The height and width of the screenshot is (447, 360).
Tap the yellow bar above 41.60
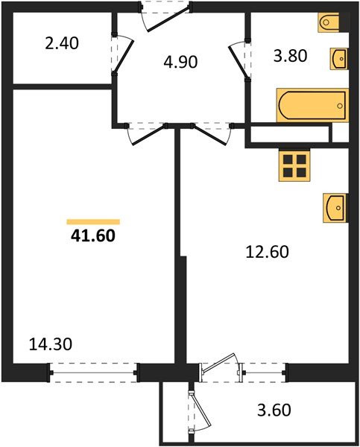(x=93, y=221)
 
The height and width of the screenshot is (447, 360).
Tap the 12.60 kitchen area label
(x=267, y=252)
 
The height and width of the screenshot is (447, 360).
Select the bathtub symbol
(x=312, y=106)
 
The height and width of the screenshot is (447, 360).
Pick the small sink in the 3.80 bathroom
(x=338, y=58)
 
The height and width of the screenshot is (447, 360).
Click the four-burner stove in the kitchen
(x=294, y=165)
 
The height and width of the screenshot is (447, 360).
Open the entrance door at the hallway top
(x=165, y=16)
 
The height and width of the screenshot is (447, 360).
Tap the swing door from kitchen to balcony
(x=221, y=367)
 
